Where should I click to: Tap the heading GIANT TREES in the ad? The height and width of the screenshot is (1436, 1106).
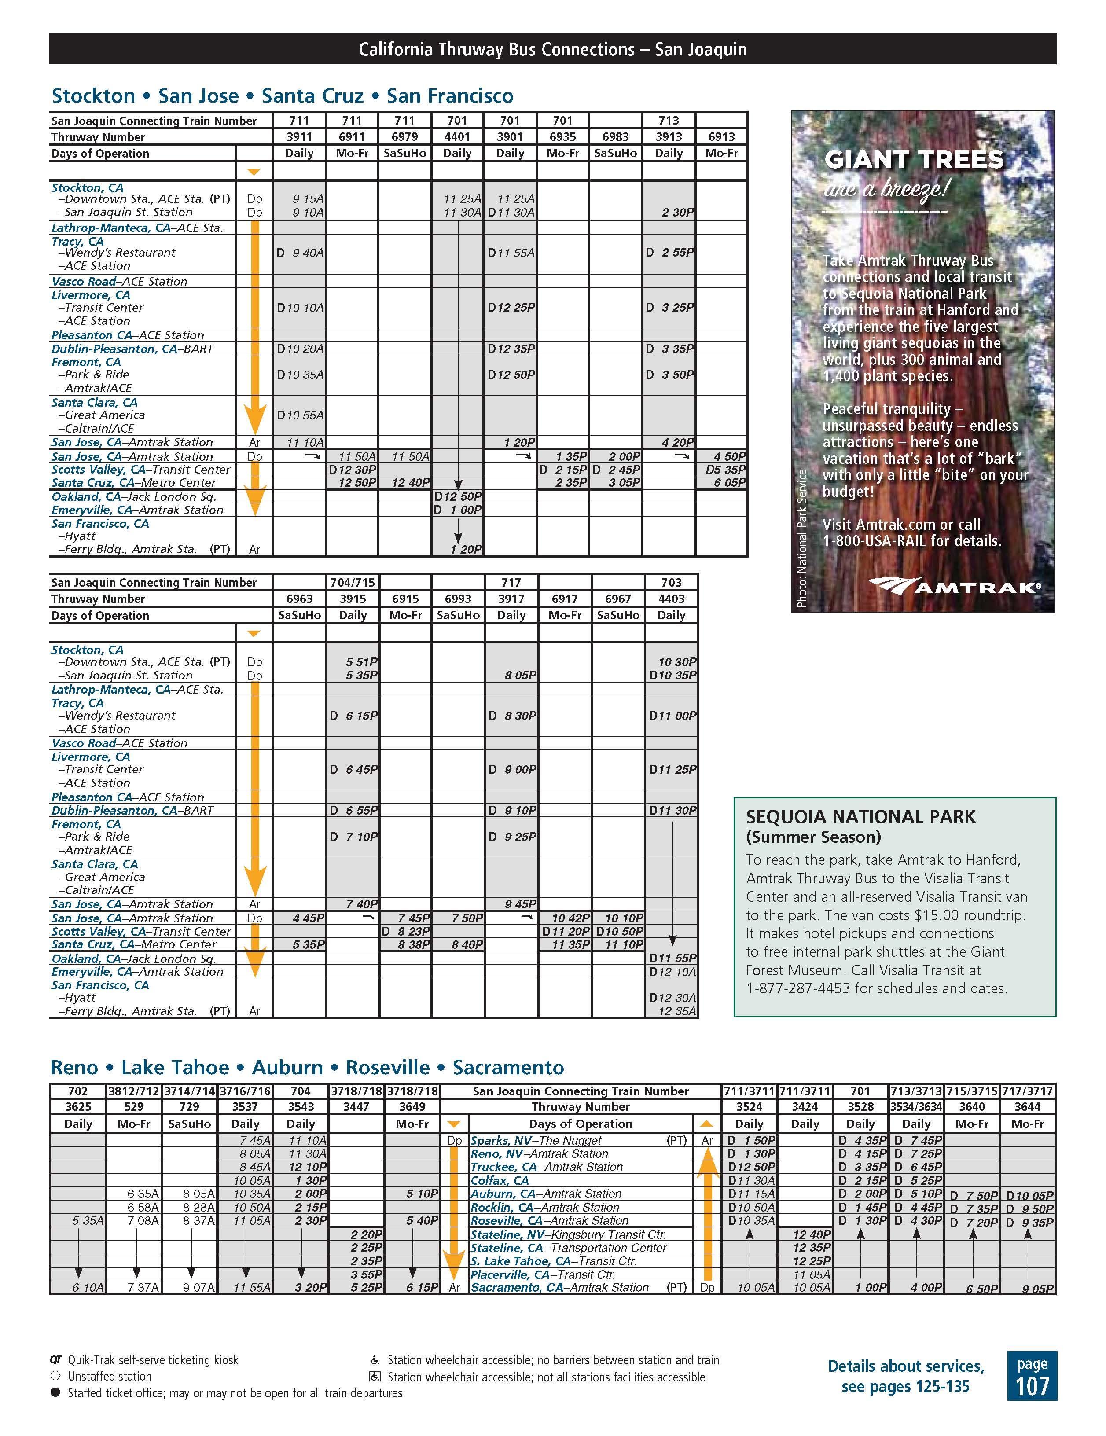point(914,160)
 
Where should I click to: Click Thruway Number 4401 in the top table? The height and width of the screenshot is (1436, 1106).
point(457,137)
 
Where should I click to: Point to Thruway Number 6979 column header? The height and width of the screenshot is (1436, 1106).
point(404,137)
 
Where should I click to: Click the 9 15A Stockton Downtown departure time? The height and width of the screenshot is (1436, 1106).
point(308,198)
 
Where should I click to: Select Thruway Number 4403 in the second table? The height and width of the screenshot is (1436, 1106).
point(671,599)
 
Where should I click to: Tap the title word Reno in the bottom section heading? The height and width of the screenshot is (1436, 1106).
point(77,1067)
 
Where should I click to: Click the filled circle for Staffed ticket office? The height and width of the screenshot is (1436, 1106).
point(56,1392)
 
